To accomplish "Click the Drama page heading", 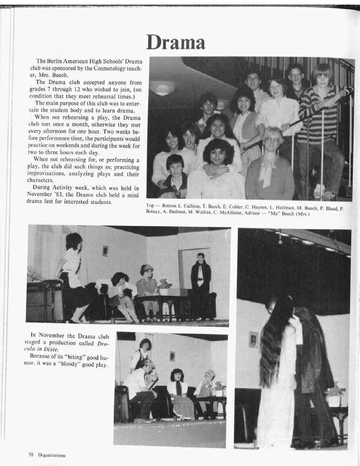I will click(x=176, y=42).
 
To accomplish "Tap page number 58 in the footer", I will click(x=31, y=455).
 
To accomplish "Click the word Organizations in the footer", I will click(x=52, y=455).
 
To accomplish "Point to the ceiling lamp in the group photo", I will click(x=162, y=88).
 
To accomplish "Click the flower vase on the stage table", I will click(x=164, y=286).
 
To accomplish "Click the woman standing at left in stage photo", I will click(x=72, y=277).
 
